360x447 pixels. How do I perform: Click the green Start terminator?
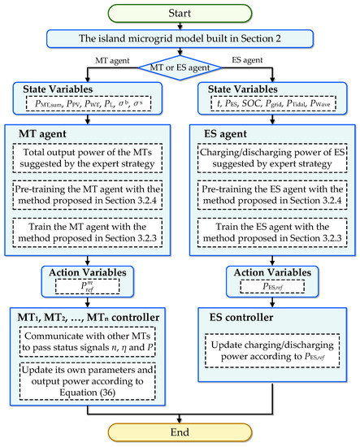[x=180, y=11]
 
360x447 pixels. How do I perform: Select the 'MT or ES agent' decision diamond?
[x=180, y=64]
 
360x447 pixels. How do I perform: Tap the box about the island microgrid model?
[x=180, y=37]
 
